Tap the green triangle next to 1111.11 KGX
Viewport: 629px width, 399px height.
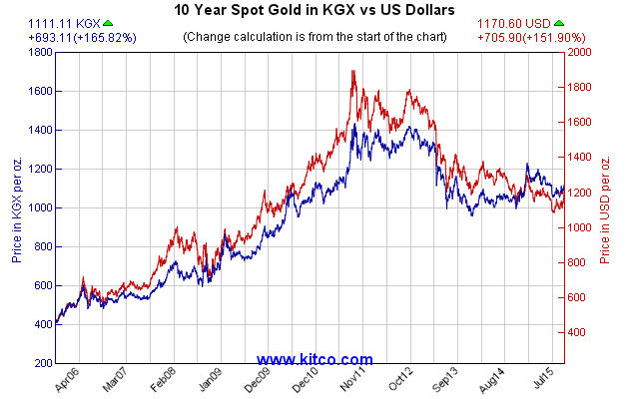(x=107, y=23)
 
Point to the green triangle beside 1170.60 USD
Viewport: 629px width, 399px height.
(x=559, y=23)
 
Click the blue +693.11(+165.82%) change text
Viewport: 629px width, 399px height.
(x=69, y=37)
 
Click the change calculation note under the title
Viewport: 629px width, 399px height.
(x=314, y=37)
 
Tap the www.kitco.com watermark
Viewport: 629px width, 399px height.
(x=314, y=359)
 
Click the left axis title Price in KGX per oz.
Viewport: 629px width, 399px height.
(x=17, y=208)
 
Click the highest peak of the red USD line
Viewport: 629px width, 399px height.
(x=353, y=72)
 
